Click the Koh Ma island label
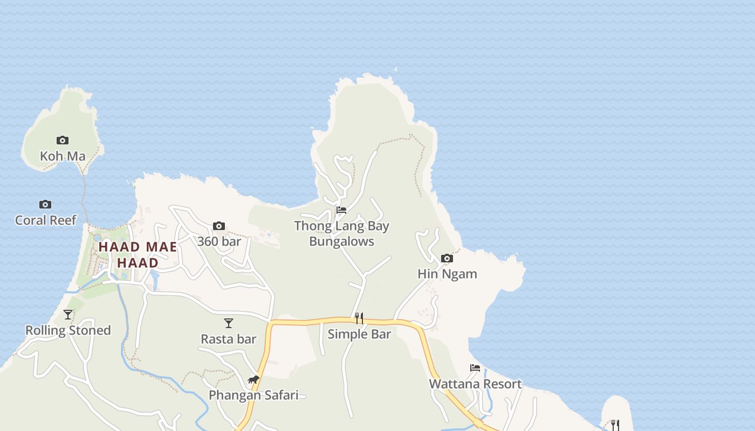click(x=63, y=156)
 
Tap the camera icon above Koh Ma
click(x=63, y=140)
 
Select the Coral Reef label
click(x=46, y=220)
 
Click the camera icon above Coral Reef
click(x=45, y=204)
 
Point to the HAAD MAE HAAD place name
click(x=138, y=255)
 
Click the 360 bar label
click(x=219, y=241)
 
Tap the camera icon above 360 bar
click(x=218, y=226)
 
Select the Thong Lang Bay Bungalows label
click(x=341, y=233)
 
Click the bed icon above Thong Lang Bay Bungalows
click(x=341, y=210)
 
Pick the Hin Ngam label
click(x=447, y=274)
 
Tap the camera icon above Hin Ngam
click(x=447, y=258)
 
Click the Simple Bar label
click(x=359, y=334)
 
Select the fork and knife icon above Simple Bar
click(x=359, y=318)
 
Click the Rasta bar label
click(x=229, y=339)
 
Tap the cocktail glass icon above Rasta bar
click(x=229, y=323)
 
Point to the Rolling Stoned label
click(x=68, y=330)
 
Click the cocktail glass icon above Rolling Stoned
click(x=68, y=314)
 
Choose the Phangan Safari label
click(x=253, y=395)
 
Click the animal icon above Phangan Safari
click(x=253, y=379)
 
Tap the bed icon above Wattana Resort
click(x=475, y=368)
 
